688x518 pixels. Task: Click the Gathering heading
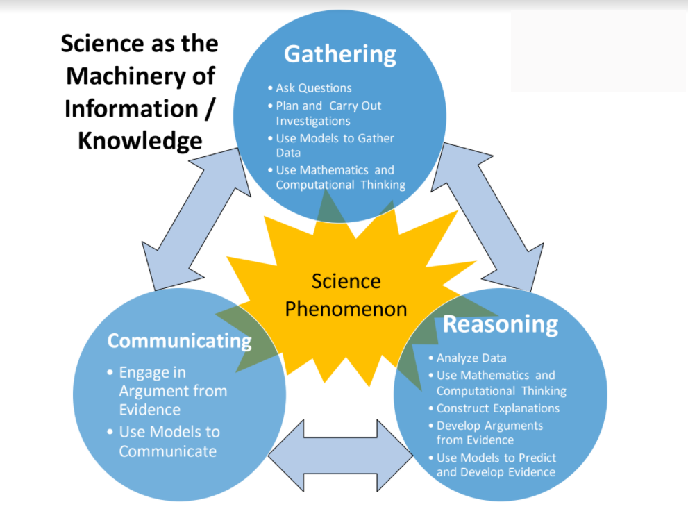(339, 55)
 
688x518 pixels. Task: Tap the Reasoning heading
(500, 325)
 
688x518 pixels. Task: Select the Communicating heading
(179, 341)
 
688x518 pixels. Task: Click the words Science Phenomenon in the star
(346, 295)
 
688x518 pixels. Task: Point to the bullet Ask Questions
(310, 87)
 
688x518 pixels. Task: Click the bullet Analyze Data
(468, 358)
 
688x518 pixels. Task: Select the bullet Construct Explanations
(494, 408)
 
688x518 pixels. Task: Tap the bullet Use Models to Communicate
(164, 442)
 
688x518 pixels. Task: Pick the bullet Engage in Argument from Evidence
(167, 391)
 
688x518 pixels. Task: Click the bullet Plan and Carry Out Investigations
(325, 113)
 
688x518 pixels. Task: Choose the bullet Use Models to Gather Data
(331, 145)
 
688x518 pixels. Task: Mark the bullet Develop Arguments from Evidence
(486, 433)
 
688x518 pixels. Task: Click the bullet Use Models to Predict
(492, 465)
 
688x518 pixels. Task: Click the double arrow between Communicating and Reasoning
(340, 456)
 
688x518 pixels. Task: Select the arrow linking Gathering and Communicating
(196, 219)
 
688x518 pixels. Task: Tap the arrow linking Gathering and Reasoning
(487, 217)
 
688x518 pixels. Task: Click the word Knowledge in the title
(140, 141)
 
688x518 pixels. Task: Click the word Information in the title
(131, 108)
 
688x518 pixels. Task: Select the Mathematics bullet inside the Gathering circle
(337, 177)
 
